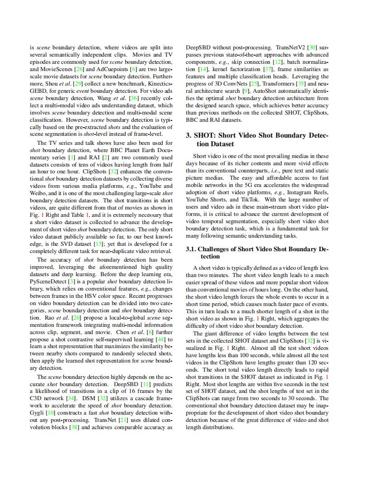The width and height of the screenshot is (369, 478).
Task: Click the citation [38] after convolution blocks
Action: (73, 427)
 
